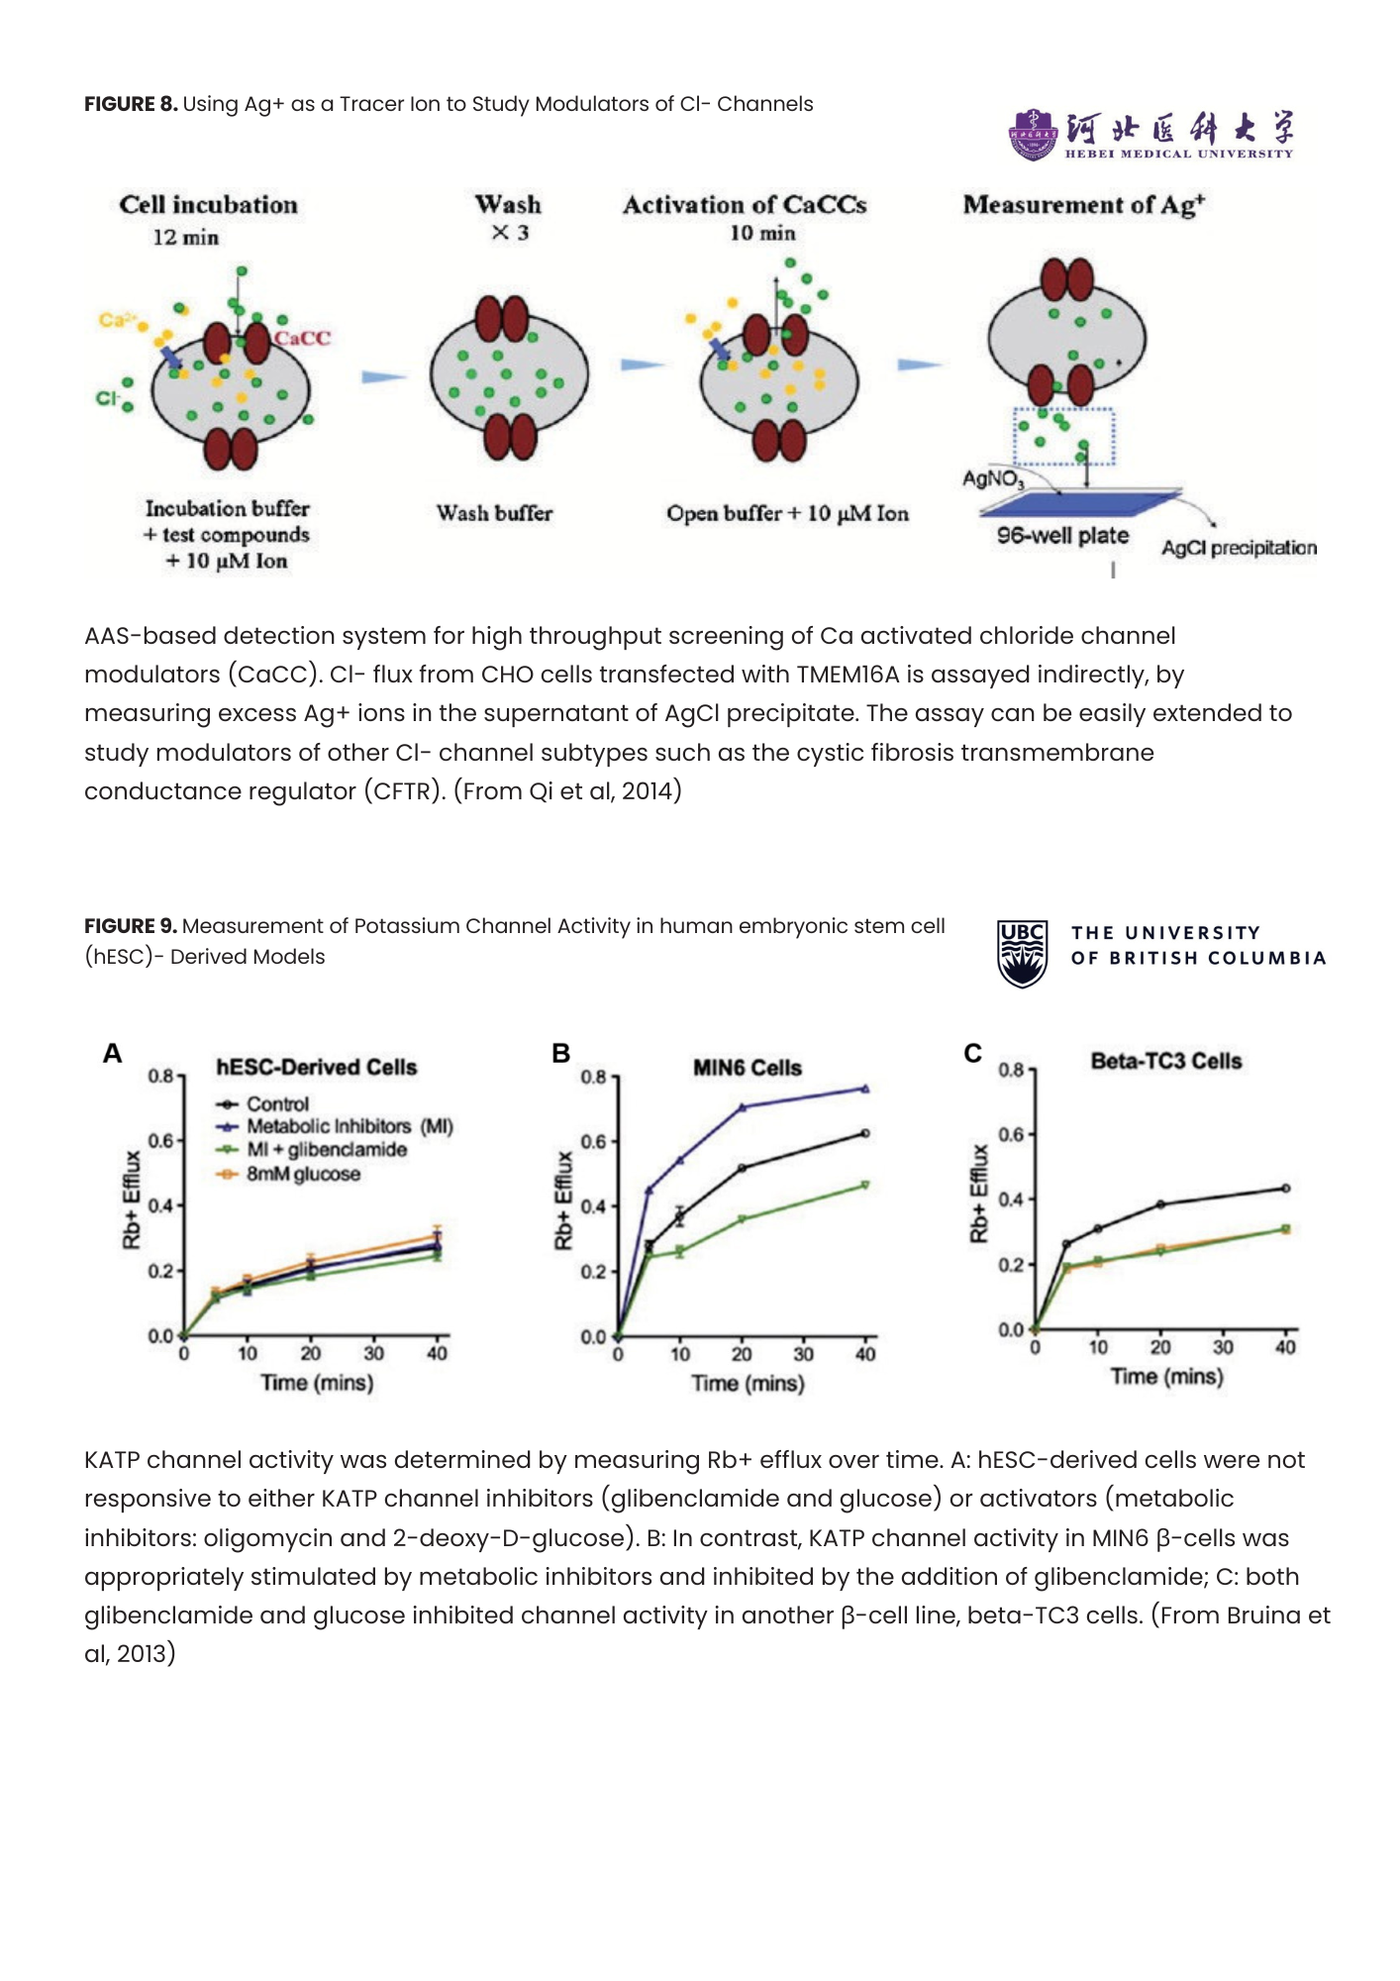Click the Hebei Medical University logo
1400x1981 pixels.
[1150, 134]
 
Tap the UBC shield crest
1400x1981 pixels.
[1022, 954]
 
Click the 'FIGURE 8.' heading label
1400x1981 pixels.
[131, 104]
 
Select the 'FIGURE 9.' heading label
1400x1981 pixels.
[131, 926]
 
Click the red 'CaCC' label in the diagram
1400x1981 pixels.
[303, 338]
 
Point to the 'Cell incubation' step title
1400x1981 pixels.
[208, 205]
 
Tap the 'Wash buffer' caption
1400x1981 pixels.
[494, 513]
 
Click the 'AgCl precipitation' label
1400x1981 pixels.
[1239, 548]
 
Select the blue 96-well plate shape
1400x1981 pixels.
[1078, 503]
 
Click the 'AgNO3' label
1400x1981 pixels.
[993, 479]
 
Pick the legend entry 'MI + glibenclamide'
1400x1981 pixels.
[327, 1150]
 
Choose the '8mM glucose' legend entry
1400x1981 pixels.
[303, 1174]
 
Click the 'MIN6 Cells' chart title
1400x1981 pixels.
[747, 1068]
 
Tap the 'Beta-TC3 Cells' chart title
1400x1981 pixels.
[1165, 1061]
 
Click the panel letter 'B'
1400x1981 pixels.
[560, 1053]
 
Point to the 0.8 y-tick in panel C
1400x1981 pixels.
[1010, 1070]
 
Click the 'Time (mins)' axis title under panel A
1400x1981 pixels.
[317, 1383]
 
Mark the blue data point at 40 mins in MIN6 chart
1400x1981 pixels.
[865, 1089]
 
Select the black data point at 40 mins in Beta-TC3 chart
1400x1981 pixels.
[1285, 1188]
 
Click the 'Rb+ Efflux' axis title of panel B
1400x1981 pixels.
[563, 1199]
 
